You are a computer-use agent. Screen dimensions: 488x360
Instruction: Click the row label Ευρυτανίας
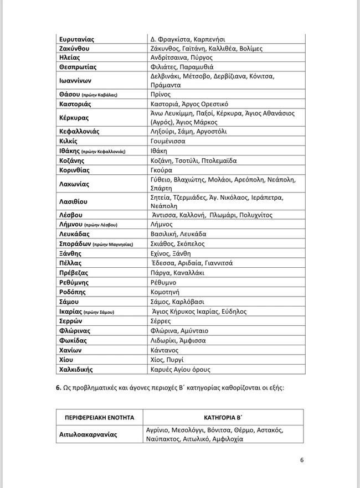tap(76, 39)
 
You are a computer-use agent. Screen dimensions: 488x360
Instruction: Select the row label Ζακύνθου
tap(74, 49)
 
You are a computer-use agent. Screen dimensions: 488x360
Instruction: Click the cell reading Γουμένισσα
tap(168, 141)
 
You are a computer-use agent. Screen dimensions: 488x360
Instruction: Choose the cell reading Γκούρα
tap(161, 170)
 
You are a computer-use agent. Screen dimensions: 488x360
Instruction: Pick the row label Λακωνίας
tap(74, 184)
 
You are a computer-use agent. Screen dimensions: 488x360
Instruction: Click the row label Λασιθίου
tap(73, 202)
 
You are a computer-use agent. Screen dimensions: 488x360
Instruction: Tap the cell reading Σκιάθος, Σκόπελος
tap(177, 243)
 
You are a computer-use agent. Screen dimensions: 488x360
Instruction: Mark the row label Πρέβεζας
tap(74, 273)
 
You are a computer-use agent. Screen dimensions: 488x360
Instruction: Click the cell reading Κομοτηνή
tap(166, 292)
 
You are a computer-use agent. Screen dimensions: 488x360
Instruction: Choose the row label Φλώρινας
tap(74, 331)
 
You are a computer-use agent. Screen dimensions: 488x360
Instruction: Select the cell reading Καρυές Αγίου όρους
tap(180, 370)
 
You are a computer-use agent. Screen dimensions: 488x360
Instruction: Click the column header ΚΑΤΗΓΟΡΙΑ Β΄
tap(223, 417)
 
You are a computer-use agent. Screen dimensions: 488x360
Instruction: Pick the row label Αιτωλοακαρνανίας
tap(88, 434)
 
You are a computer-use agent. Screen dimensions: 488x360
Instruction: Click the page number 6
tap(302, 460)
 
